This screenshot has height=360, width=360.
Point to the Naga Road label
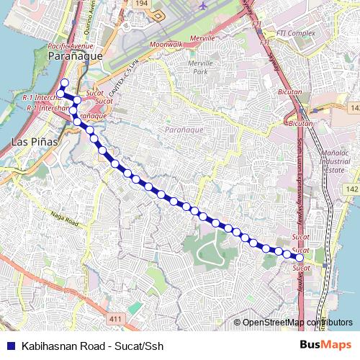[63, 217]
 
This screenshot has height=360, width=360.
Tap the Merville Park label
[197, 67]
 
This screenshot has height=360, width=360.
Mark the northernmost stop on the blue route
[63, 82]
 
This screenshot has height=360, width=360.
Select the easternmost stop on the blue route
[299, 257]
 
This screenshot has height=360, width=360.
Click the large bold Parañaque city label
[75, 55]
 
